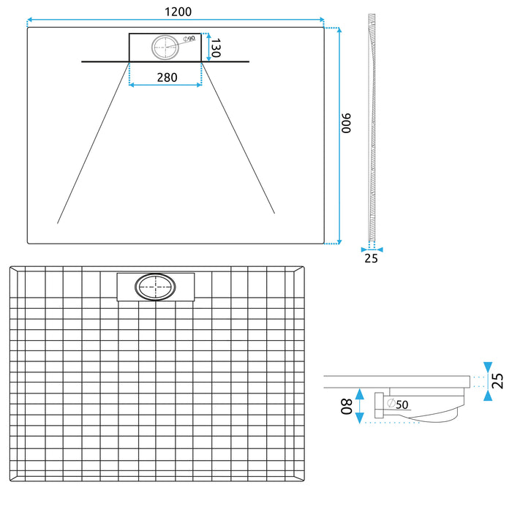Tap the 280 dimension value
165,77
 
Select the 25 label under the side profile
372,258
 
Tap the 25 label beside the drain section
497,380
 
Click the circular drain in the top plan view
165,48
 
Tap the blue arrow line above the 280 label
165,85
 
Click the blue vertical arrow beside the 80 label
358,406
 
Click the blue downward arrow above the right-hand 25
487,366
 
